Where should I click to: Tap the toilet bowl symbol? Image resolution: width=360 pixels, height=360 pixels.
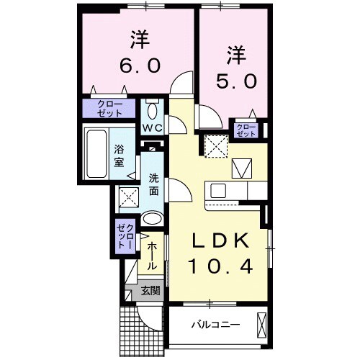point(153,111)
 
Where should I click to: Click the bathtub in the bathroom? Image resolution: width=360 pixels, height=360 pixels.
point(96,154)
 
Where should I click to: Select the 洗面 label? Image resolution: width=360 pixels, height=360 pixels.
point(153,184)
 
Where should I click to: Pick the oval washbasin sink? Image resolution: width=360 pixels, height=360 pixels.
point(152,219)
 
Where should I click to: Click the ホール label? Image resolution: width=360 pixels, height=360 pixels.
point(153,255)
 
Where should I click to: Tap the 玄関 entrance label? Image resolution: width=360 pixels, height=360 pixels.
point(150,291)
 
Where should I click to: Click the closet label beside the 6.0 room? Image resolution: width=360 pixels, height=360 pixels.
point(116,109)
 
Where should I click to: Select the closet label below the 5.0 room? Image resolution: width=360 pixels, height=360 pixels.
point(246,130)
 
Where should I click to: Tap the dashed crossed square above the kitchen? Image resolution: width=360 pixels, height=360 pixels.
point(215,145)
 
